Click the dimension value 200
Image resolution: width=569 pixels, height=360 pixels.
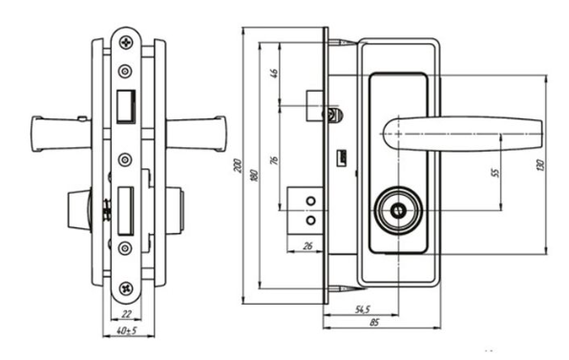[x=238, y=165]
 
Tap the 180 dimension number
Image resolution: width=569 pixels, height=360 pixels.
[x=255, y=176]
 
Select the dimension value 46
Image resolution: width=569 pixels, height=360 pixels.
[x=274, y=74]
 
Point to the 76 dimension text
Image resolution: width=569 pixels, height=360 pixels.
[x=274, y=160]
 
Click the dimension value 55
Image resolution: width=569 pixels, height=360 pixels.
[x=495, y=172]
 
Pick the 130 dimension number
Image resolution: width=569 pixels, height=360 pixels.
[x=540, y=165]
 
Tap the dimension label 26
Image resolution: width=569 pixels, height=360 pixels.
[x=307, y=246]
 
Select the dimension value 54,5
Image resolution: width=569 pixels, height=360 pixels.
[x=362, y=309]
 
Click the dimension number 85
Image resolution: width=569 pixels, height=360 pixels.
[x=374, y=322]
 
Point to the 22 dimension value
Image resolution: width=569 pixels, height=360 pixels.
[x=126, y=314]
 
